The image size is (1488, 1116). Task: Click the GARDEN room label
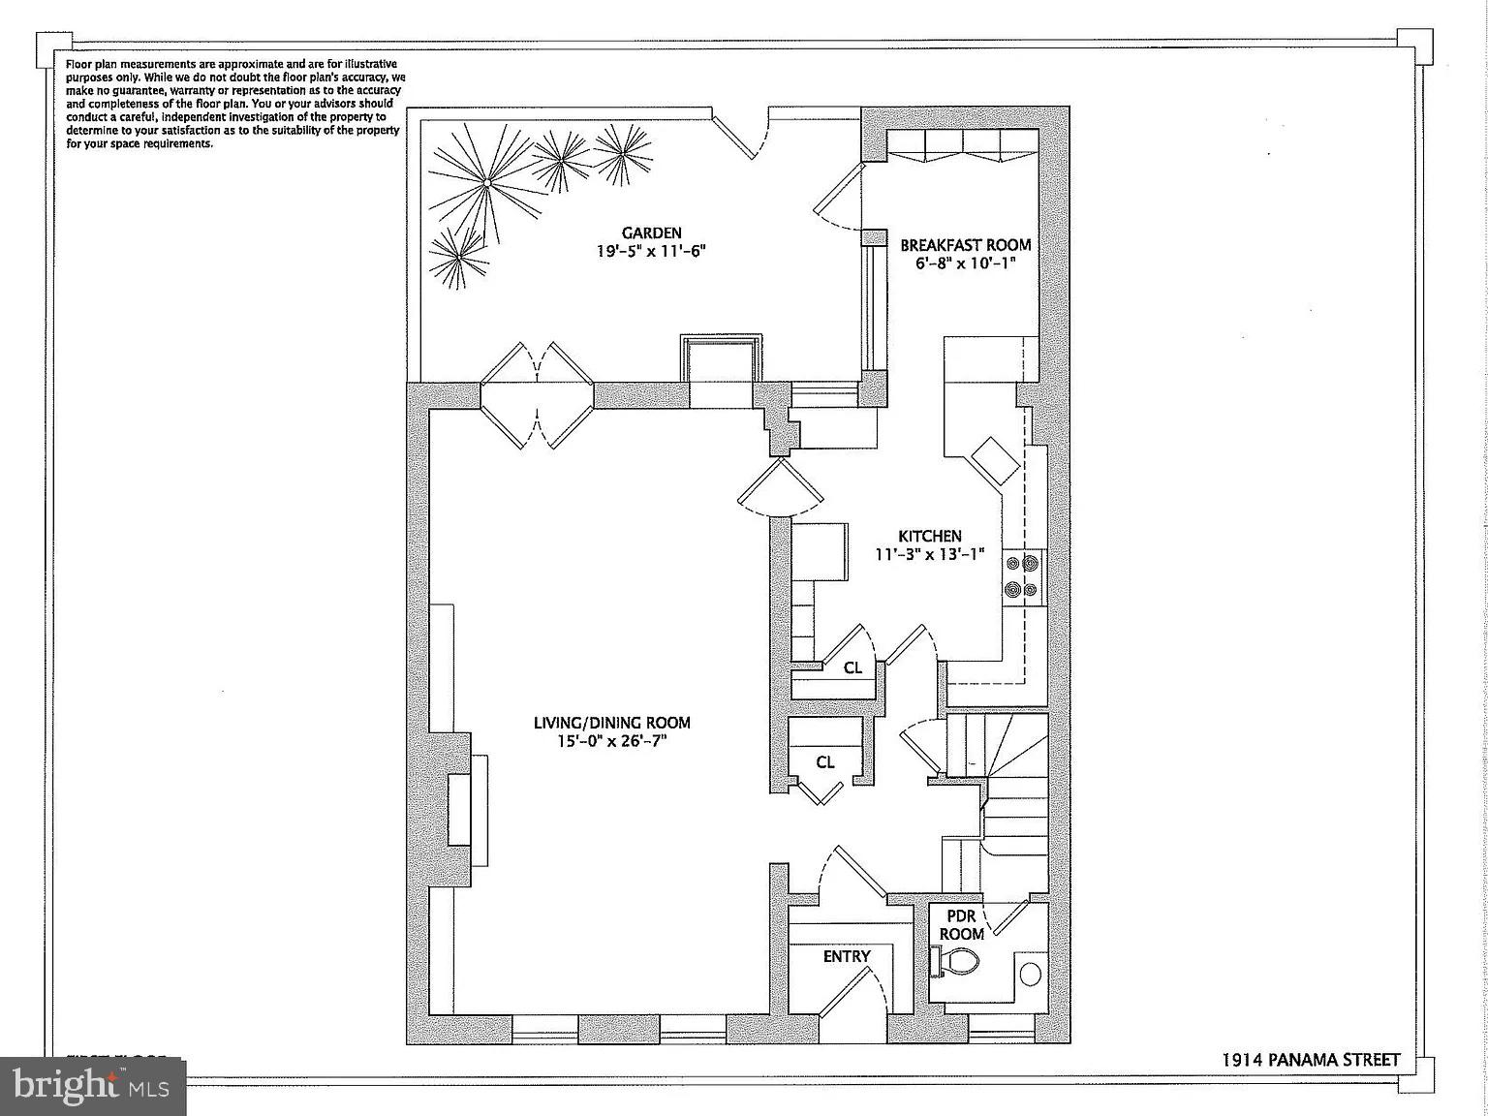pos(651,232)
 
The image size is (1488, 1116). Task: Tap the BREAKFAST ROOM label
pos(965,245)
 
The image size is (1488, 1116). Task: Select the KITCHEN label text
pos(929,536)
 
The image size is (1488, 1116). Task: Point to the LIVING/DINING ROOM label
pos(611,723)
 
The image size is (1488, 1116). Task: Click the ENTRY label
pos(847,956)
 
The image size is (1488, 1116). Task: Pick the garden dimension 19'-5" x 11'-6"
pos(651,251)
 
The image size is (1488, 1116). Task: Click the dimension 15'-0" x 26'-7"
pos(611,741)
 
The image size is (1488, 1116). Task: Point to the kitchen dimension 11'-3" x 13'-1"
pos(929,554)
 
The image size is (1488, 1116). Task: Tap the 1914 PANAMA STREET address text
pos(1310,1060)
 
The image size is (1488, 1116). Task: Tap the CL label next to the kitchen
pos(852,667)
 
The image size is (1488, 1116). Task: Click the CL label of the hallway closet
pos(824,762)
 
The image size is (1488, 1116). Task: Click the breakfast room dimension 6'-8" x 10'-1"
pos(965,263)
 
